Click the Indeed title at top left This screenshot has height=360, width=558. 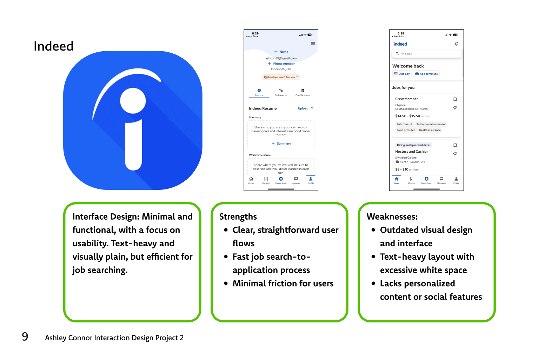click(x=54, y=46)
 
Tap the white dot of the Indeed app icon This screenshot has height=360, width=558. click(x=133, y=101)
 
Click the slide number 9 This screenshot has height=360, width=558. click(x=25, y=337)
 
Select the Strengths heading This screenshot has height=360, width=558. click(x=238, y=217)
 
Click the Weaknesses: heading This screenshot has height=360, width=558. click(x=392, y=217)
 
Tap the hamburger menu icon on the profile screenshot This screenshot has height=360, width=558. click(x=313, y=44)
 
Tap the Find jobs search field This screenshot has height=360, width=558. click(x=426, y=54)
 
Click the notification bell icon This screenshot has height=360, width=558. click(x=457, y=44)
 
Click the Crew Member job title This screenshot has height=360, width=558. click(x=406, y=99)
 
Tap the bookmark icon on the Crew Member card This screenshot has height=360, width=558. click(x=455, y=99)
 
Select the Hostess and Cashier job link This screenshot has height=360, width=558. click(x=412, y=152)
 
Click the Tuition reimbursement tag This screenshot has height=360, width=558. click(x=431, y=124)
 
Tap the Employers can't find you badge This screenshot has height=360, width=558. click(x=281, y=77)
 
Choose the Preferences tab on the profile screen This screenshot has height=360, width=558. click(x=281, y=92)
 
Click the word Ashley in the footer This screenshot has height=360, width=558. click(x=55, y=338)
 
